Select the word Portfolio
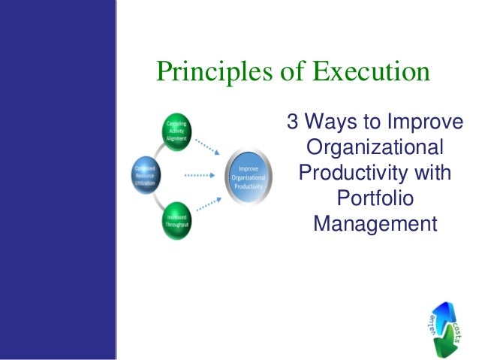point(375,198)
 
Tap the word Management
point(375,224)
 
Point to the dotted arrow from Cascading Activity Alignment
point(208,145)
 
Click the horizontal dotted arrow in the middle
point(201,176)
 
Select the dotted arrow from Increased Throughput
point(208,206)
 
